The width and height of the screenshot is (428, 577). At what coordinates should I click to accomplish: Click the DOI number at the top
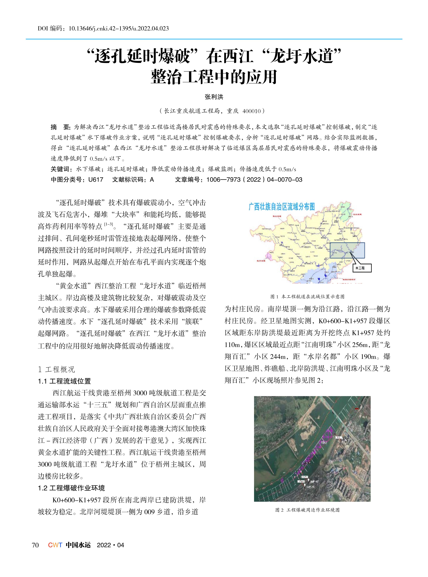coord(118,29)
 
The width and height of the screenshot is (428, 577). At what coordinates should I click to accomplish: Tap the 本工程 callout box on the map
coord(362,268)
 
